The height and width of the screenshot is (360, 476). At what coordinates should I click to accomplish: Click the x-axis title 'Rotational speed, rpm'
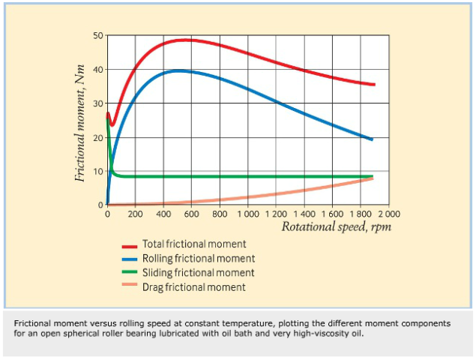[336, 226]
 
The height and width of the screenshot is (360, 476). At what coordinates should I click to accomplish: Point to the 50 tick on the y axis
[98, 35]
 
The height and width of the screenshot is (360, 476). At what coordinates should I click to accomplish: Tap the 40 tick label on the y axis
[98, 70]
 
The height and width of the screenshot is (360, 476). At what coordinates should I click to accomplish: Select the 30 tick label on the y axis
[98, 103]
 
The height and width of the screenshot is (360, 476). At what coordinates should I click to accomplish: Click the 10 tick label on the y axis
[98, 171]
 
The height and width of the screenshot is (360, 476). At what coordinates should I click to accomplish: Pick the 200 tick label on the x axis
[136, 214]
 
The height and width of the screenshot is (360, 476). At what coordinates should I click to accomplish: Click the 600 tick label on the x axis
[192, 214]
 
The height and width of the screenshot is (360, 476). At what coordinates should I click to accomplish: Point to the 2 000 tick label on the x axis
[388, 214]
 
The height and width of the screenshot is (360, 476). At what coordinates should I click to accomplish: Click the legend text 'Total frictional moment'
[194, 244]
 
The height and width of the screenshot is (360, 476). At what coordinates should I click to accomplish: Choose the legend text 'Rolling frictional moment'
[198, 259]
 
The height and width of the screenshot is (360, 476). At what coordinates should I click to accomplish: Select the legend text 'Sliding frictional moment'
[198, 272]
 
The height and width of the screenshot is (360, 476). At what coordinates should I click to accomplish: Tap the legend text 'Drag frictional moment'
[193, 286]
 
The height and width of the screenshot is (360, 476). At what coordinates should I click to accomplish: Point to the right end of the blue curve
[373, 139]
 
